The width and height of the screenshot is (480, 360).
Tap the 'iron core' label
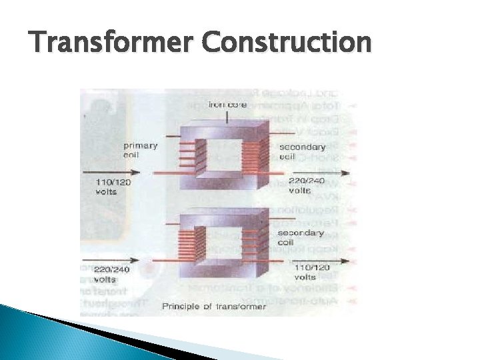228,105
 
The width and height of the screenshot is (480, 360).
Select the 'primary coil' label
141,150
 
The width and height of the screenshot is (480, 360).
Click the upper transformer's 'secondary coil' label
303,151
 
